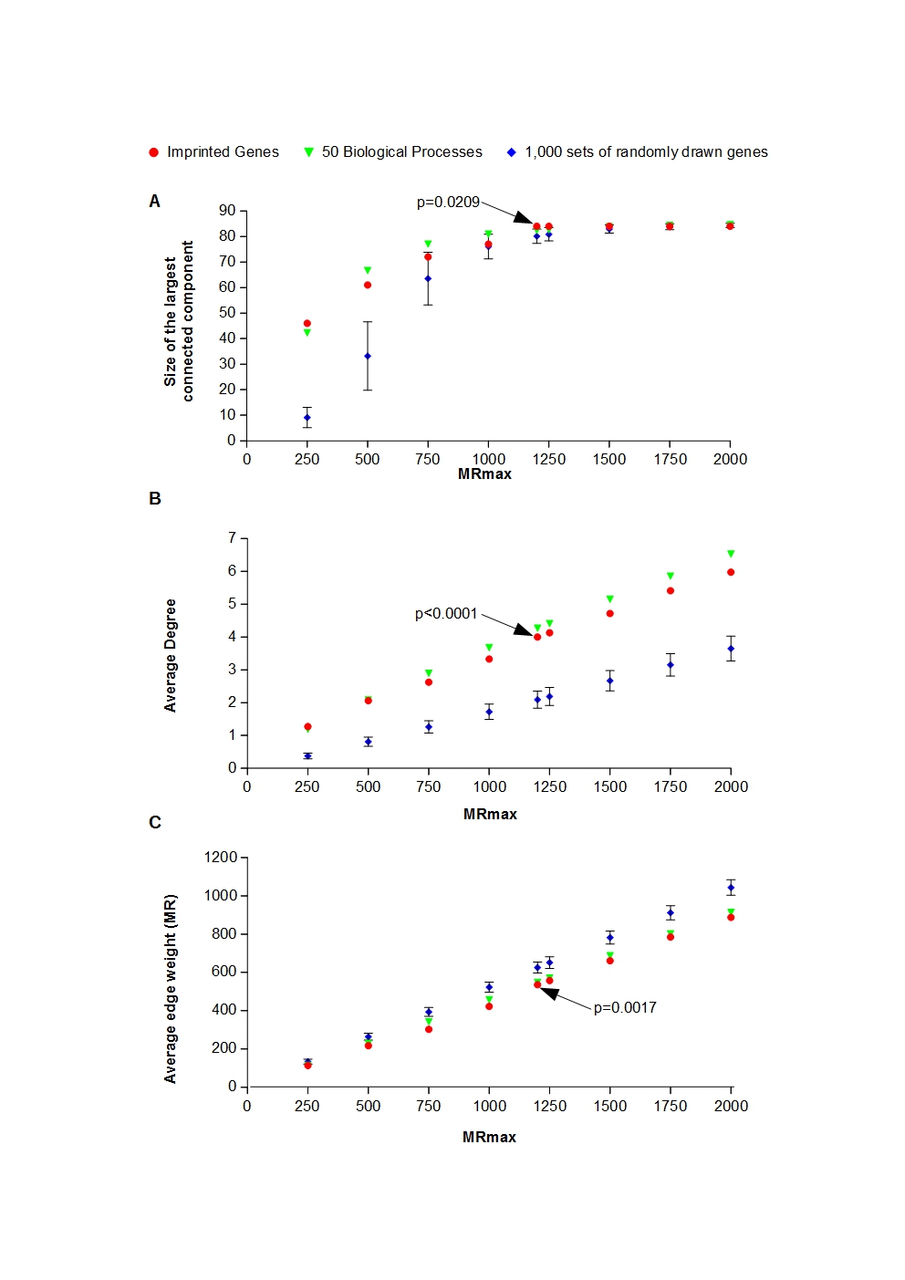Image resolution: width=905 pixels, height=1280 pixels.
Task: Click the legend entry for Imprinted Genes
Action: tap(213, 152)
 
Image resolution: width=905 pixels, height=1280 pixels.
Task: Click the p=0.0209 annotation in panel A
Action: tap(448, 202)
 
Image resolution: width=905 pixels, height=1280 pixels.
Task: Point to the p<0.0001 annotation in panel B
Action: tap(446, 613)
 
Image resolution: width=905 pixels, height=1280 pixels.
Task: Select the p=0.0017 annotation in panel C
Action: tap(625, 1007)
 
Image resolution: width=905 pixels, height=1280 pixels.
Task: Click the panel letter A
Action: tap(154, 202)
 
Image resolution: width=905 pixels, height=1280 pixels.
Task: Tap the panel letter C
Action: tap(155, 823)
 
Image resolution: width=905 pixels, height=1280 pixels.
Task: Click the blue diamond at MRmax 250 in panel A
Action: tap(307, 418)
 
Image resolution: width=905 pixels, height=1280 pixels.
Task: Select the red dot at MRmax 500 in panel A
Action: tap(368, 285)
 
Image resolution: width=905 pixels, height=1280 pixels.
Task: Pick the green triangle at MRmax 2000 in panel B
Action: tap(731, 554)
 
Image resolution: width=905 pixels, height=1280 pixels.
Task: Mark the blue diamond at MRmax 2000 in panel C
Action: tap(731, 888)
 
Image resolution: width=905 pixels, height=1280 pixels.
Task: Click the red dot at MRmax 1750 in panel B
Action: tap(671, 591)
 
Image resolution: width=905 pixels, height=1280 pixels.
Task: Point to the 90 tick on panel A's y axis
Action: tap(227, 211)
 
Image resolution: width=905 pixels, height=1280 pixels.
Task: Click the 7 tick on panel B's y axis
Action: tap(232, 538)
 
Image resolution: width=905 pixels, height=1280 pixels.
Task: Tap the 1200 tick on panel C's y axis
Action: tap(221, 858)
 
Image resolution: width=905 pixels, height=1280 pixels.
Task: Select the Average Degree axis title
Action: tap(171, 655)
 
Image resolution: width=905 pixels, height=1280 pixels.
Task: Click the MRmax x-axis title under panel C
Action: tap(489, 1137)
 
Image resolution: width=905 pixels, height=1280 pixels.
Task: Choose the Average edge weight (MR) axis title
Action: tap(171, 989)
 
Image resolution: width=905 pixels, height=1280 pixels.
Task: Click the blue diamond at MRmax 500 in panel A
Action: tap(368, 356)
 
